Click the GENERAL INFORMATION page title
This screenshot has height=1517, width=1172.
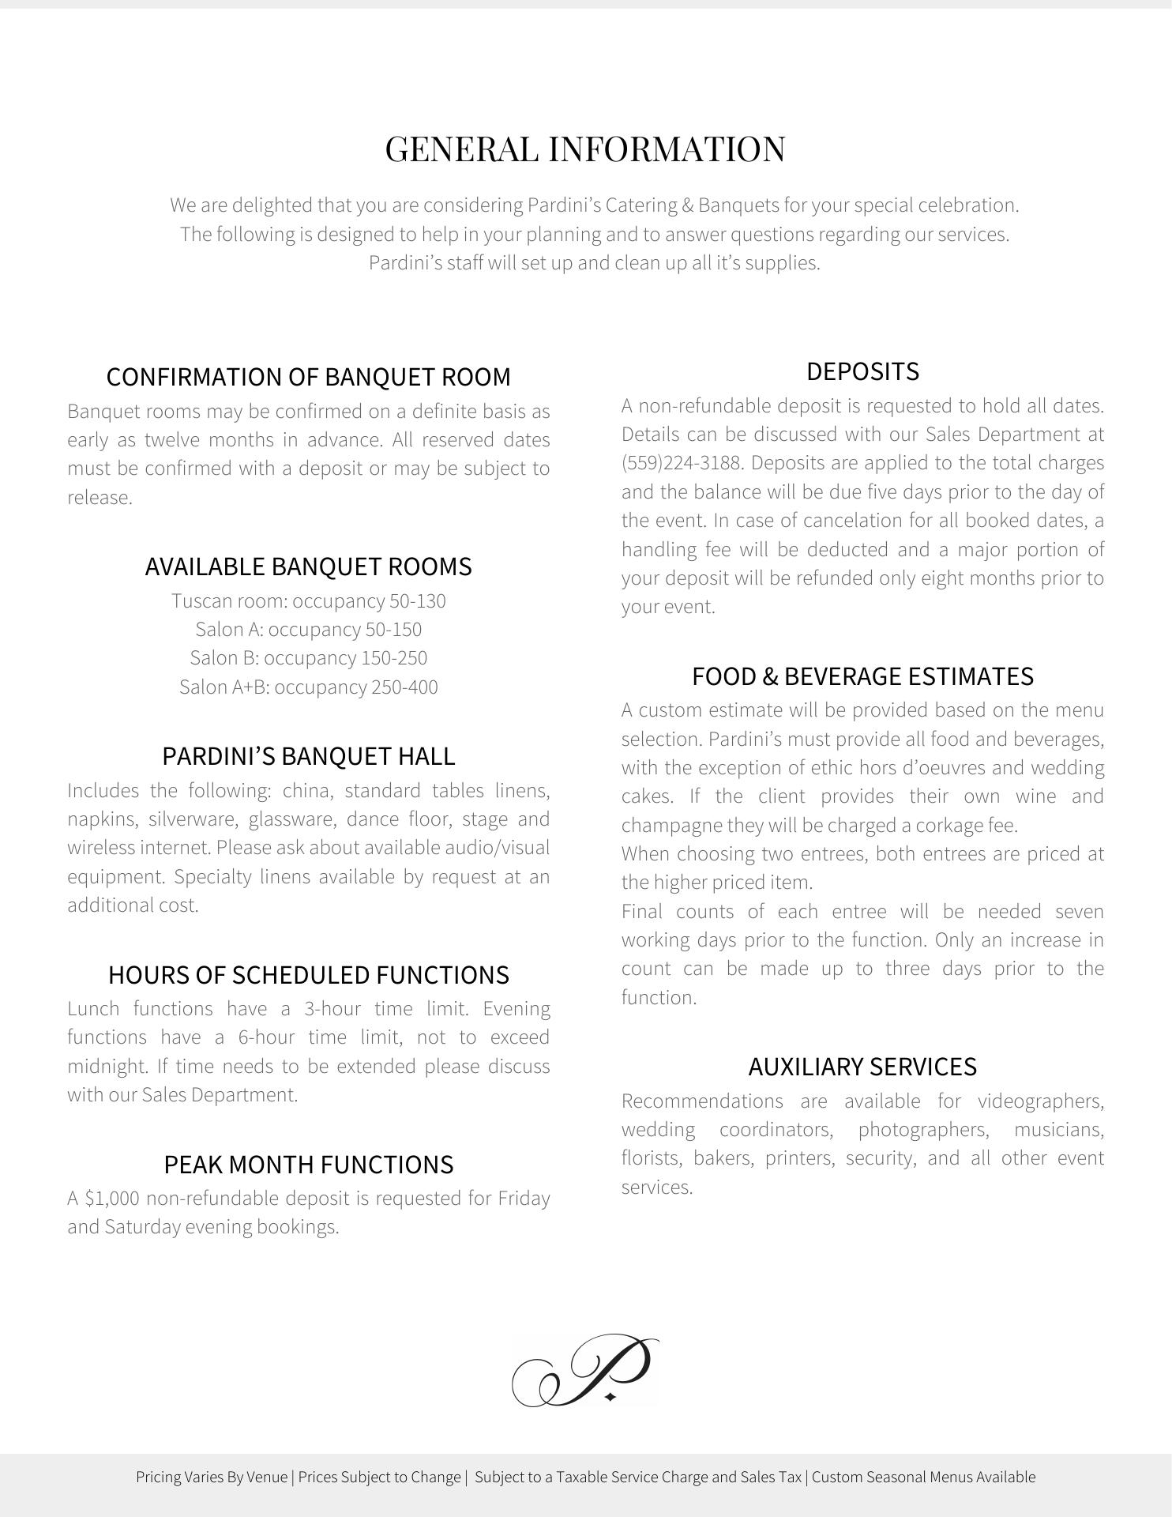tap(585, 149)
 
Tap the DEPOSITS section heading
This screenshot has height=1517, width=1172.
tap(862, 371)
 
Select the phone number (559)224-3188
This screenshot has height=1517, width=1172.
tap(680, 463)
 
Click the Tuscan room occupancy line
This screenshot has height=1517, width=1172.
tap(308, 601)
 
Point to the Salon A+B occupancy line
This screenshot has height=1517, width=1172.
tap(308, 687)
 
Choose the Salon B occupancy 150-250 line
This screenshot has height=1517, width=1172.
tap(308, 658)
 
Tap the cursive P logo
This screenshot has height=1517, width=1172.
tap(585, 1371)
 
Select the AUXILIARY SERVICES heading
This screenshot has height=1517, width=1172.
tap(862, 1067)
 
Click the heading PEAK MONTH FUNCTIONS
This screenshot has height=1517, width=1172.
tap(308, 1165)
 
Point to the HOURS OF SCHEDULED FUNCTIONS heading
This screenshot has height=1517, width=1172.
tap(308, 975)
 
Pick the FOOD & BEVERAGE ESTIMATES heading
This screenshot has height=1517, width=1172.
tap(862, 676)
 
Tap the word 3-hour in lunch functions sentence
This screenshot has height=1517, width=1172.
tap(332, 1009)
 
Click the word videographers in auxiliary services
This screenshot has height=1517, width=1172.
tap(1040, 1101)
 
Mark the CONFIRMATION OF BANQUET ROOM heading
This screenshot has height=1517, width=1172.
tap(308, 377)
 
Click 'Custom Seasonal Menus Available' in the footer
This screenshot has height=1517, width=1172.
tap(923, 1477)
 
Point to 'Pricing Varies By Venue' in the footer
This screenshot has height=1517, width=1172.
tap(212, 1477)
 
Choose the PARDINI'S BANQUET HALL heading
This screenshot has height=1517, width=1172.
tap(308, 756)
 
